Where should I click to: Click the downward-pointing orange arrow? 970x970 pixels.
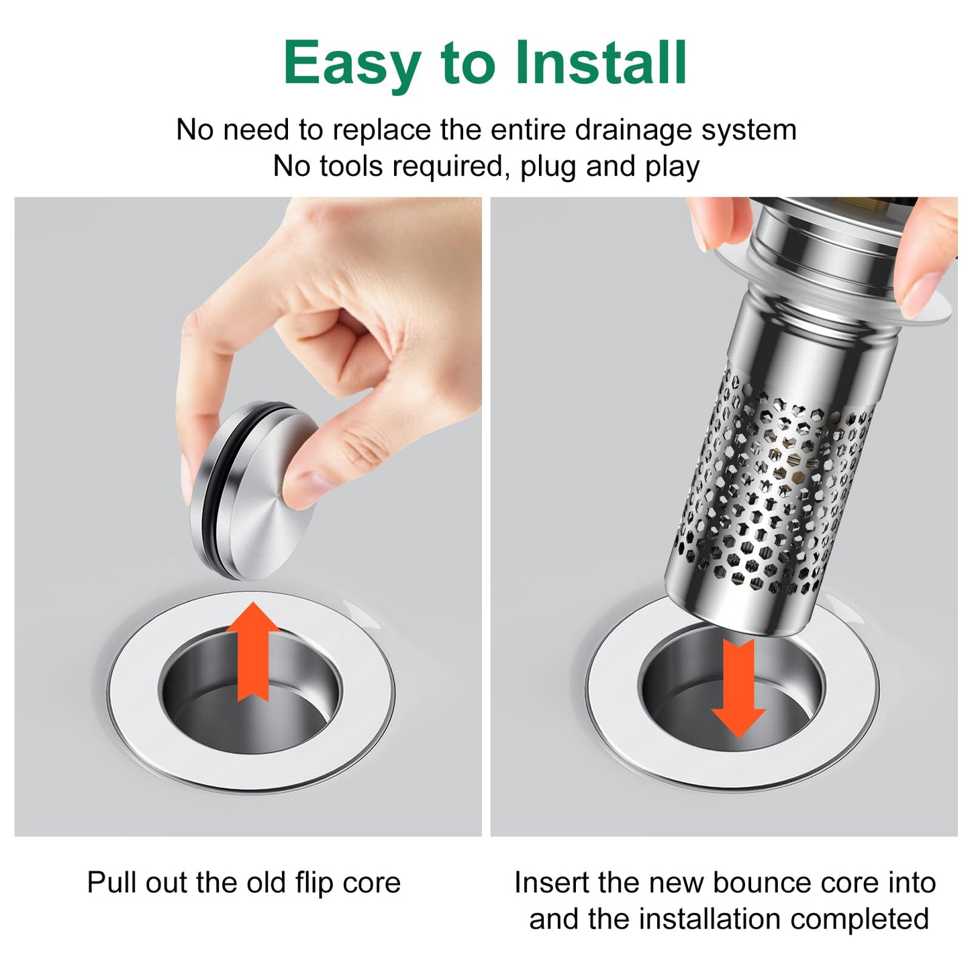[x=738, y=689]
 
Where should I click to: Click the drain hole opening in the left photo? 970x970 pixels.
[x=250, y=691]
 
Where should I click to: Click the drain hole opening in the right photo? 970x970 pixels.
[x=732, y=691]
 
